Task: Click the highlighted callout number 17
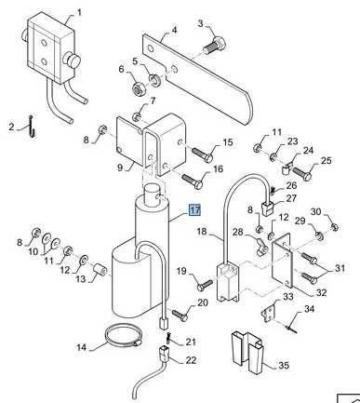195,210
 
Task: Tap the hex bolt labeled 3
214,45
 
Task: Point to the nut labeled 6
136,89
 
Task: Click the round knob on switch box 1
73,60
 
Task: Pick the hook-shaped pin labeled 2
32,127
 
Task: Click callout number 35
284,365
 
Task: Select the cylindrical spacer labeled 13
100,269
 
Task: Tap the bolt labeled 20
180,314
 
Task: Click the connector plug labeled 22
164,353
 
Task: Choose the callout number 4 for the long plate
174,30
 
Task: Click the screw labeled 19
206,285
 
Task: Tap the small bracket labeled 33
269,315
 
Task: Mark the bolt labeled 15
203,154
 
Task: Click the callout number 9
120,168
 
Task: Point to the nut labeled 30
335,227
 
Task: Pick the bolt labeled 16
193,181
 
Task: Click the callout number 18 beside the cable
202,232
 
